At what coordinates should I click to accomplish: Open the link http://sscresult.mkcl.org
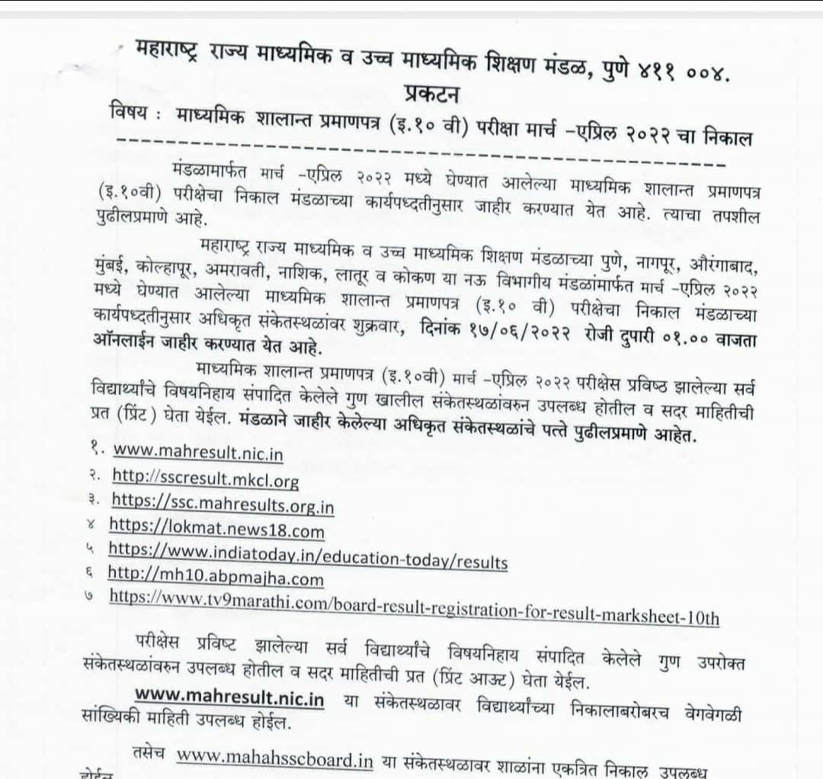point(206,479)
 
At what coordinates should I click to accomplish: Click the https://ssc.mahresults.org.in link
point(223,503)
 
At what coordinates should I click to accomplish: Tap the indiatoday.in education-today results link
point(308,555)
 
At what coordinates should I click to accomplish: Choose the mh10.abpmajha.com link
point(216,579)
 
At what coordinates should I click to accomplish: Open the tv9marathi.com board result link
point(414,605)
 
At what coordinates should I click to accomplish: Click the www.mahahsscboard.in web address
point(274,760)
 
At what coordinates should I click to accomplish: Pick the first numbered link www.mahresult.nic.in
point(198,454)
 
